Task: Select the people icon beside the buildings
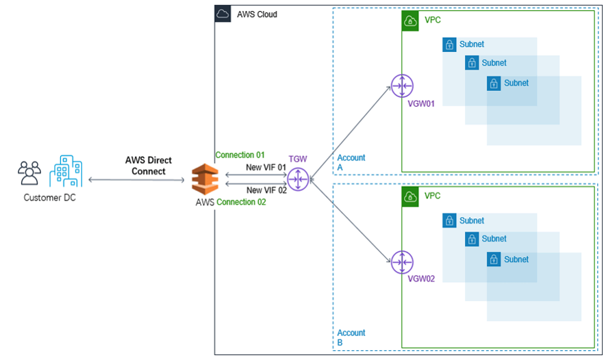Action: pos(29,174)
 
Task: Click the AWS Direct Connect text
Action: pos(149,166)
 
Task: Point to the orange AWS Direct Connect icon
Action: pos(204,181)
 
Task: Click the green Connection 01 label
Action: pos(240,155)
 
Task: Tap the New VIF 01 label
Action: pos(266,168)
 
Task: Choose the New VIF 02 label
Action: pos(266,190)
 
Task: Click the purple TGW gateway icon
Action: pos(298,179)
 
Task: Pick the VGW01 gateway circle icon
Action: pos(401,86)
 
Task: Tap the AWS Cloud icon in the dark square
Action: pos(223,14)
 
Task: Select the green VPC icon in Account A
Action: pos(410,21)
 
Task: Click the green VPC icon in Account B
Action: pos(410,196)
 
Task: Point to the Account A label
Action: pos(351,162)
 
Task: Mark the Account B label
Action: pos(351,337)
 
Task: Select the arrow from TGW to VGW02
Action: pos(349,220)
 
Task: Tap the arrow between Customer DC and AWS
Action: pos(137,180)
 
